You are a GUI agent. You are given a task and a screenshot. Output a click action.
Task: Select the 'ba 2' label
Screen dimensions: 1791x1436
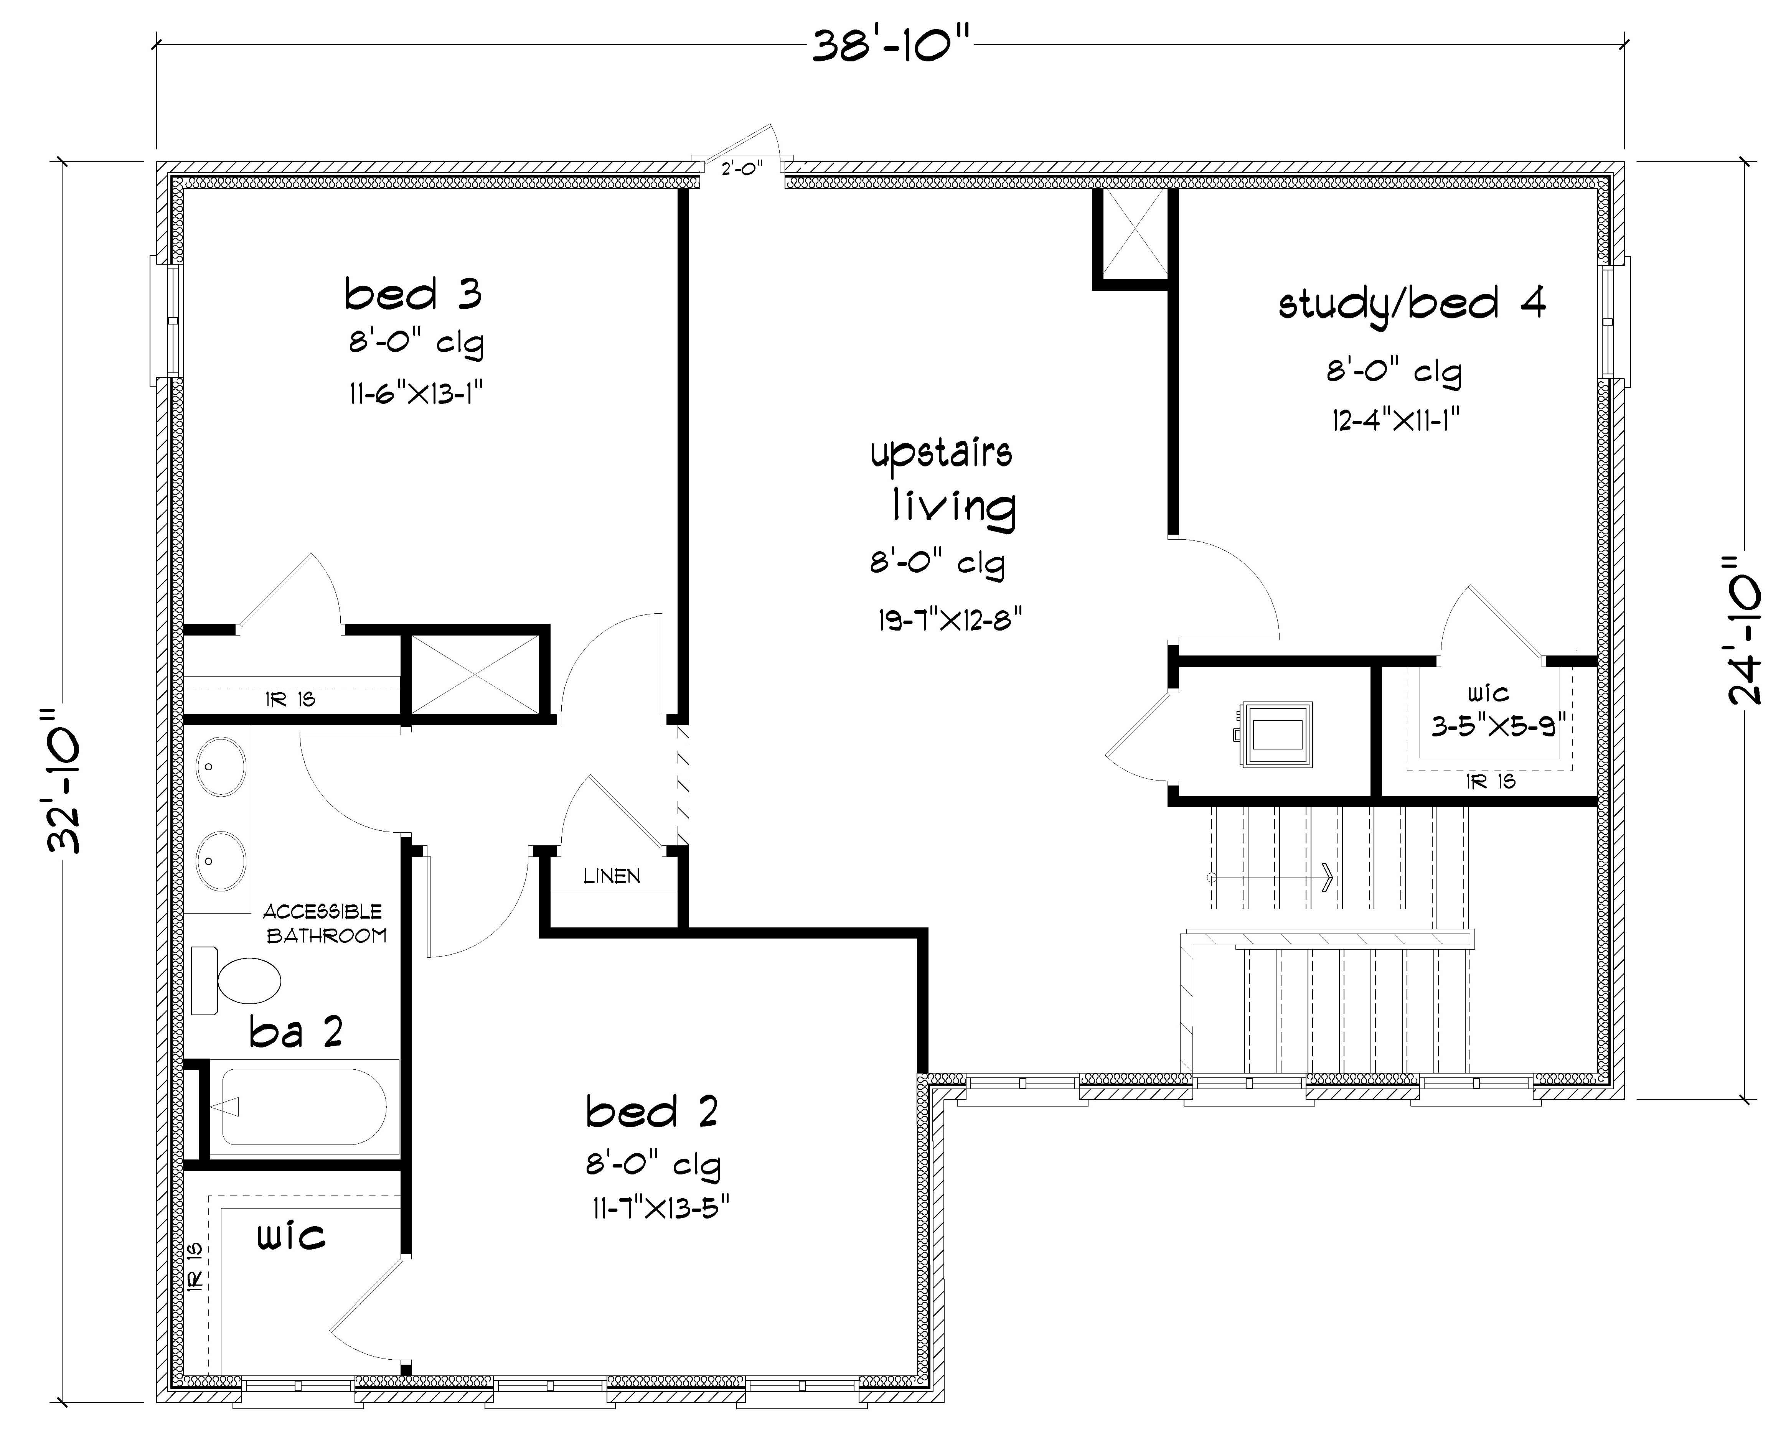[x=296, y=1033]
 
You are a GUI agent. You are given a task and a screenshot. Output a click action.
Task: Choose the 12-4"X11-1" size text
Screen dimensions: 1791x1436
[x=1395, y=420]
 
